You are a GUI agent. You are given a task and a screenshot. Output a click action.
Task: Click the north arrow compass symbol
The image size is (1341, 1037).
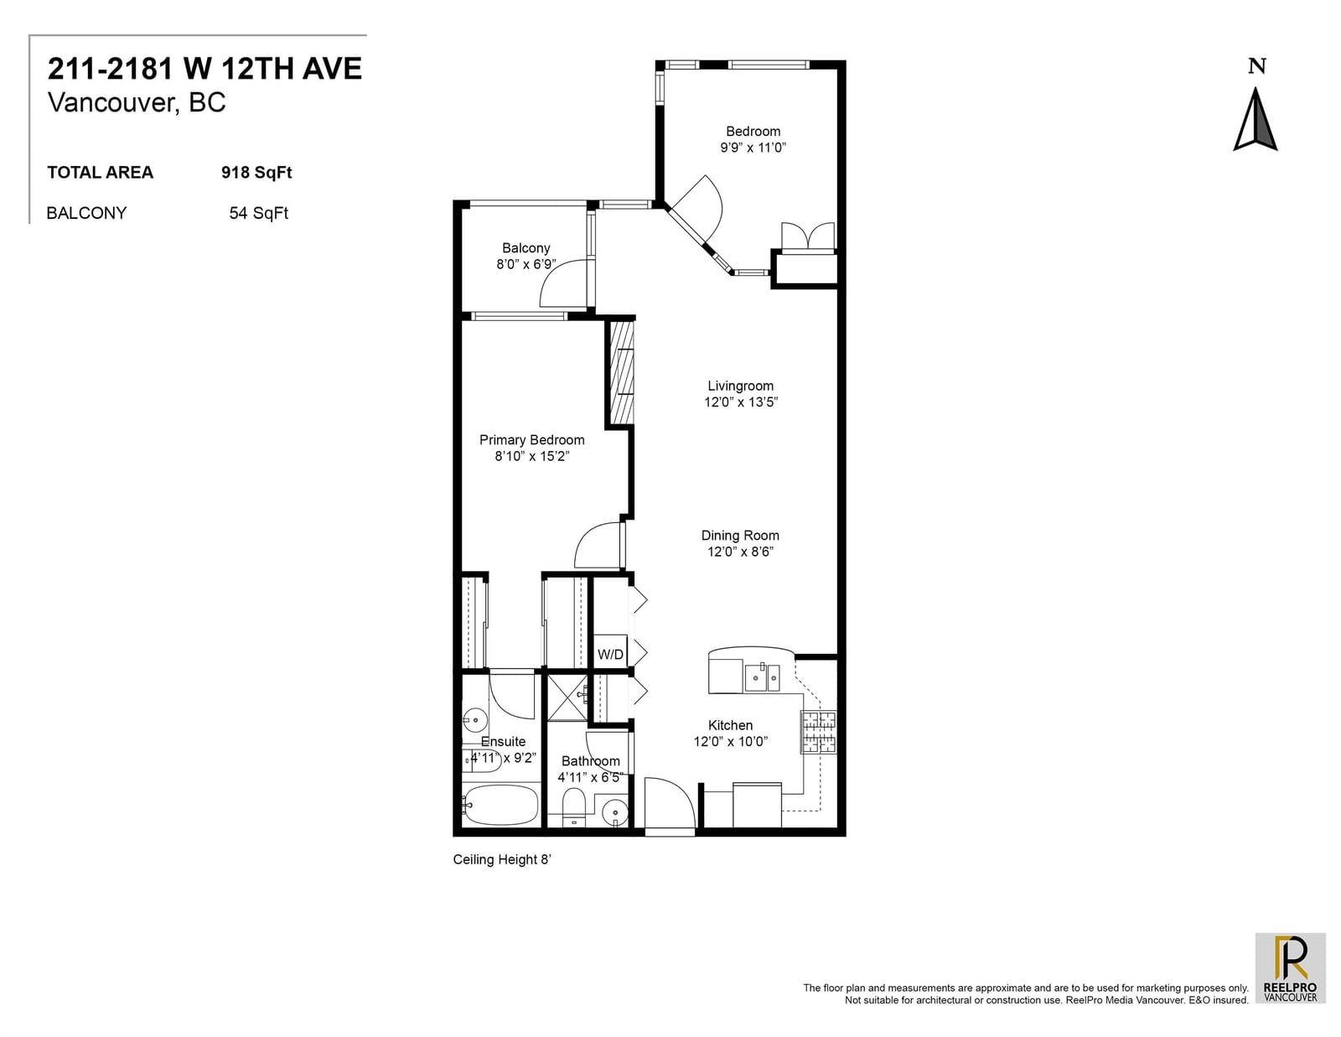click(x=1256, y=119)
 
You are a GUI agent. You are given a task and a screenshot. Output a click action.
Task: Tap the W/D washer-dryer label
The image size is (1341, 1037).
click(x=610, y=654)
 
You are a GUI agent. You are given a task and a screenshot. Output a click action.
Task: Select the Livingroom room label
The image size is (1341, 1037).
click(x=740, y=386)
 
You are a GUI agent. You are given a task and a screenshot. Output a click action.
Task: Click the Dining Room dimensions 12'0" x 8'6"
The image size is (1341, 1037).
click(x=740, y=552)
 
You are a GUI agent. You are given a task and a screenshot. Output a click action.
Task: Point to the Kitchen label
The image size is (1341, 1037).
click(x=730, y=725)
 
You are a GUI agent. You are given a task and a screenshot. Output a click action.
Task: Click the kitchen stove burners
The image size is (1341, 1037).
click(x=818, y=732)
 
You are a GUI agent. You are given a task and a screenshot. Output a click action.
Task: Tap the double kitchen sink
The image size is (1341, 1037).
click(x=762, y=677)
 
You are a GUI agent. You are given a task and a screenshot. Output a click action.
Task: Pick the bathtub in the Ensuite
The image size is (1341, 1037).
click(x=500, y=804)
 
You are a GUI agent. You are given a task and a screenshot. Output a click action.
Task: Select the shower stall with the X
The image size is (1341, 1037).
click(x=567, y=698)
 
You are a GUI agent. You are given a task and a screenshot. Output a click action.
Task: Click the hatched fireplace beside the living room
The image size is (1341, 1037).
click(x=622, y=371)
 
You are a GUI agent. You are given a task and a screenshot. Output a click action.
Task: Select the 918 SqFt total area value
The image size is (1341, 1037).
click(x=256, y=172)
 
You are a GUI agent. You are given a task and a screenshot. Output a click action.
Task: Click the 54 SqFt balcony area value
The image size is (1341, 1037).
click(x=259, y=213)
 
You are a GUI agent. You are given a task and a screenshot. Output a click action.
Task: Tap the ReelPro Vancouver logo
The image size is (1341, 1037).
click(x=1291, y=968)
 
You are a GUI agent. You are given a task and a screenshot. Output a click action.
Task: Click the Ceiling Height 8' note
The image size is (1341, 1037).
click(x=502, y=860)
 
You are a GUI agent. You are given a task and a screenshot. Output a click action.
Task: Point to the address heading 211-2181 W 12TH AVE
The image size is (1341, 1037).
click(x=205, y=69)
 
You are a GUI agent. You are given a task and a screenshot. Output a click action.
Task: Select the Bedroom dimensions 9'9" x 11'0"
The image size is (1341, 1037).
click(x=753, y=148)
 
